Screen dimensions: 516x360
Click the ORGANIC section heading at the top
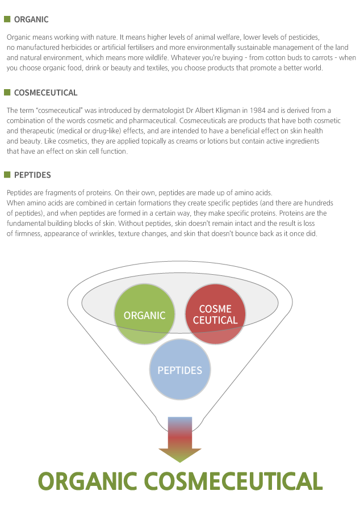[x=31, y=19]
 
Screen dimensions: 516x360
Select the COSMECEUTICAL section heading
[x=45, y=93]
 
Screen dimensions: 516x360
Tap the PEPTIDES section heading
[x=32, y=175]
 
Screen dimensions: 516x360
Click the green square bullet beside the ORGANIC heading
[x=7, y=19]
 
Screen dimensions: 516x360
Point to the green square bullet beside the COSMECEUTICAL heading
[x=7, y=92]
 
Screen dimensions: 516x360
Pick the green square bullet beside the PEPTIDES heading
[x=7, y=174]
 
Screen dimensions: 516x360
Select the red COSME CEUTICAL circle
[x=215, y=314]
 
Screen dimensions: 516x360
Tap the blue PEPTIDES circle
[x=179, y=370]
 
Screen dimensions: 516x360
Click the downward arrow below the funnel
[x=180, y=440]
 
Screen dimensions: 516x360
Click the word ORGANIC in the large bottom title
[x=87, y=481]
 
